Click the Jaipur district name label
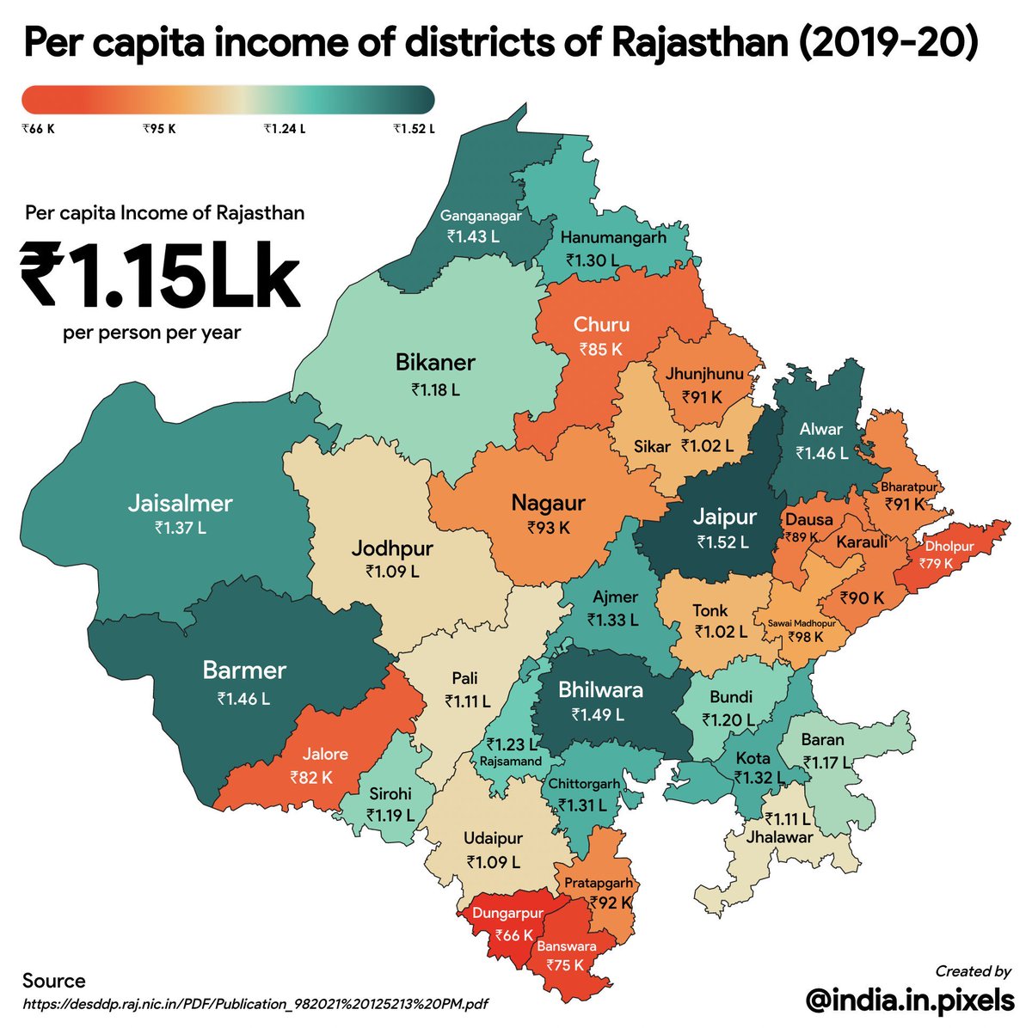[x=724, y=517]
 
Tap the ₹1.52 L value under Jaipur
[x=722, y=542]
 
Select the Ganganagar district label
[x=481, y=216]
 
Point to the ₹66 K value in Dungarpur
[x=514, y=935]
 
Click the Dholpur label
[x=949, y=547]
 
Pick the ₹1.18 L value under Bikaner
[x=435, y=389]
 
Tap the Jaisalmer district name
[x=181, y=503]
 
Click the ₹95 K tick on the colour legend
[x=159, y=130]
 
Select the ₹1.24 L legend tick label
[x=284, y=130]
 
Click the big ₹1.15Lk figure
[x=161, y=275]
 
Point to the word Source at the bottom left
[x=54, y=981]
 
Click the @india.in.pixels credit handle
[x=910, y=1000]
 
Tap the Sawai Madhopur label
[x=795, y=622]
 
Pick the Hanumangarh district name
[x=613, y=238]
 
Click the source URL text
[x=256, y=1003]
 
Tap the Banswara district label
[x=566, y=946]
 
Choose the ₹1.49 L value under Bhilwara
[x=598, y=714]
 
